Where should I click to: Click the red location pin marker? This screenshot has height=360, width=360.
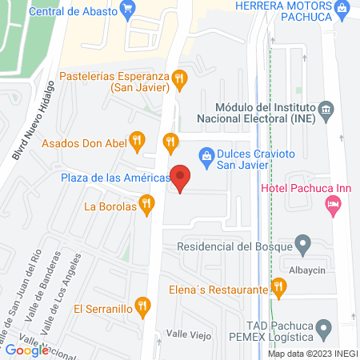click(x=182, y=178)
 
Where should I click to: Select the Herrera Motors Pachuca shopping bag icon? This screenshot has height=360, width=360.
click(x=342, y=10)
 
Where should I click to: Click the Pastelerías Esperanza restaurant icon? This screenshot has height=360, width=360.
click(x=181, y=78)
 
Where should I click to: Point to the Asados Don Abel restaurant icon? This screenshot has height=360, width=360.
click(x=138, y=142)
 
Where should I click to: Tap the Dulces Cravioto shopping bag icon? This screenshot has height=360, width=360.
click(x=206, y=153)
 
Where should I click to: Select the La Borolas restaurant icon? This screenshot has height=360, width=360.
click(x=146, y=206)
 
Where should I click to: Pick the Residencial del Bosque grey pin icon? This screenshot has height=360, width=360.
click(x=302, y=242)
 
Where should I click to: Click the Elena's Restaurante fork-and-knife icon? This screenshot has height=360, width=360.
click(x=278, y=286)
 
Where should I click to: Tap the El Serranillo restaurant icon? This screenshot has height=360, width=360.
click(x=142, y=306)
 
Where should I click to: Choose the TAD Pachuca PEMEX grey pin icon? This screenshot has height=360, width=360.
click(x=323, y=327)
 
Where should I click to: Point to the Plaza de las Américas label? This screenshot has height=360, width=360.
click(x=114, y=178)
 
